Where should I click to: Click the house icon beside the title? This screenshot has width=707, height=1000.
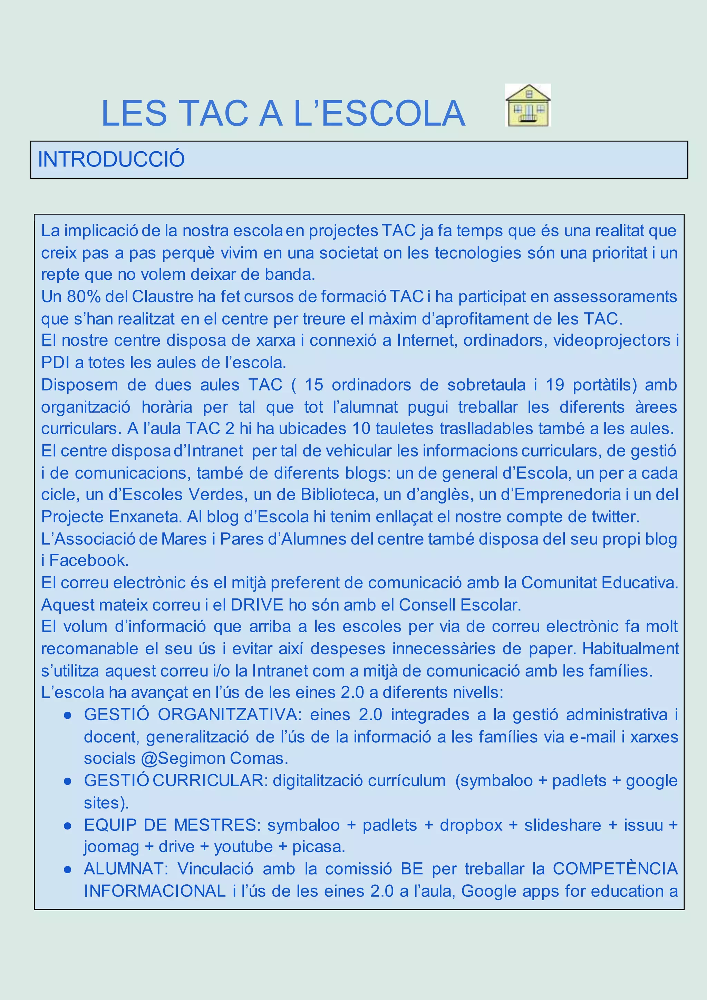pyautogui.click(x=527, y=105)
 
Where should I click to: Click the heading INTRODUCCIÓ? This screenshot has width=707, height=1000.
pyautogui.click(x=112, y=160)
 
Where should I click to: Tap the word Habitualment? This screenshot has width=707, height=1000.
pyautogui.click(x=630, y=648)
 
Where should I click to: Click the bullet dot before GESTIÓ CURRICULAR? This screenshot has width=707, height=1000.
pyautogui.click(x=67, y=781)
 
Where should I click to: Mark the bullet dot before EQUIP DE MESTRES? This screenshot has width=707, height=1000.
pyautogui.click(x=67, y=825)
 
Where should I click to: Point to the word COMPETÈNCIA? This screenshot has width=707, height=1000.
pyautogui.click(x=615, y=869)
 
